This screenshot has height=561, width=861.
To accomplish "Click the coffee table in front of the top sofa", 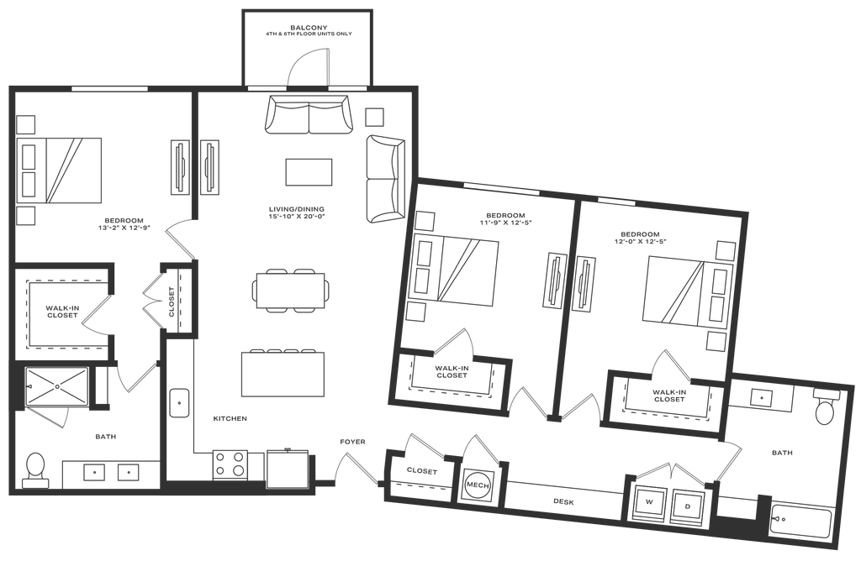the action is coord(309,172).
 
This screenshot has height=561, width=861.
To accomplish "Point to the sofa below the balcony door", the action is coord(309,115).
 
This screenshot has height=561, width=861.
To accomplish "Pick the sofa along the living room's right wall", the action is coord(385,177).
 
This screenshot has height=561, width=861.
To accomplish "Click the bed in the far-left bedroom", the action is coord(71,170).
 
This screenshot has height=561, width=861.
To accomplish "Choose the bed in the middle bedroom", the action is coord(464,270).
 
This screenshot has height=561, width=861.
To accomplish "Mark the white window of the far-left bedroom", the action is coord(109,88).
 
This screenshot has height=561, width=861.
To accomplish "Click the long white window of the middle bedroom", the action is coord(501,189).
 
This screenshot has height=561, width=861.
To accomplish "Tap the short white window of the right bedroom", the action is coord(616,202).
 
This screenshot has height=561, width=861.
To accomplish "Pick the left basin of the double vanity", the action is coord(93,473).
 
